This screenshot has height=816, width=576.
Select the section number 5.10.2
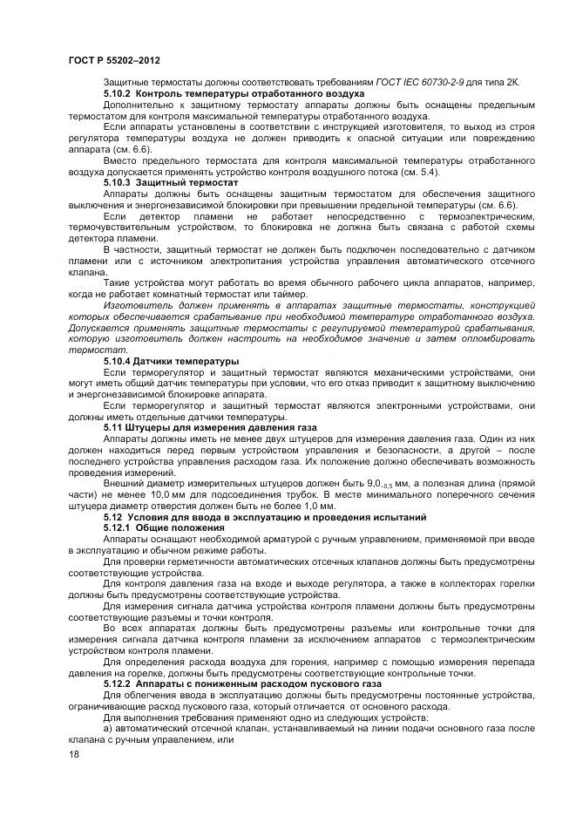click(118, 93)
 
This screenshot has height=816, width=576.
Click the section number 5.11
click(114, 427)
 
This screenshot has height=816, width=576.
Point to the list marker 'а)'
click(107, 727)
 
